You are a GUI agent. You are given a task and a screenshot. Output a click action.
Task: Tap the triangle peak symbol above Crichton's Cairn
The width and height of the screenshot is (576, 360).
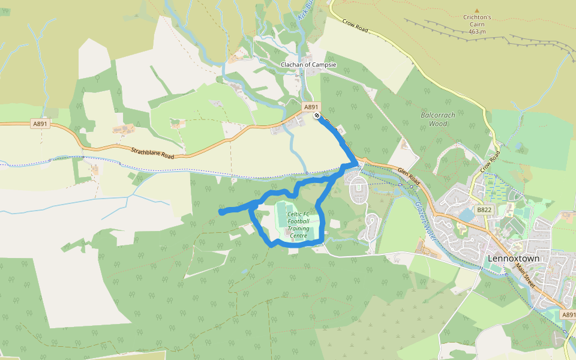(477, 10)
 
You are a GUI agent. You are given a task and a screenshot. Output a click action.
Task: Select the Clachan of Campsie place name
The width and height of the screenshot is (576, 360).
(308, 65)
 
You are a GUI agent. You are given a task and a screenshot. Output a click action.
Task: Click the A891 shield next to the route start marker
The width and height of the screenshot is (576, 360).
(311, 107)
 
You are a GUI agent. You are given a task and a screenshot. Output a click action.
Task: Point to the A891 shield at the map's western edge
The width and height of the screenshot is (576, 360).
(40, 124)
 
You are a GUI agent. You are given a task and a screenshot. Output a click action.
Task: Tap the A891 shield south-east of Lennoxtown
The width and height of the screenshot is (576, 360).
(568, 314)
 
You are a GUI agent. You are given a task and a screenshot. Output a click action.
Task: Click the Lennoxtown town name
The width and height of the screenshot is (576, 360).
(513, 259)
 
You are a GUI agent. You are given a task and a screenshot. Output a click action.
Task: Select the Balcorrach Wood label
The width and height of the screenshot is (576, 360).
(434, 118)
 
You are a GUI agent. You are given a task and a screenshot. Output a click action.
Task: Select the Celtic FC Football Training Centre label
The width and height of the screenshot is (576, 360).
(298, 225)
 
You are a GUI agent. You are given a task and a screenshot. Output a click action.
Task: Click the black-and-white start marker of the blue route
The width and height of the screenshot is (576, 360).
(317, 116)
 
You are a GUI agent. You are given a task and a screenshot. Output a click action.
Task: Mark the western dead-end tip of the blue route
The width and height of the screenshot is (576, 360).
(221, 212)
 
